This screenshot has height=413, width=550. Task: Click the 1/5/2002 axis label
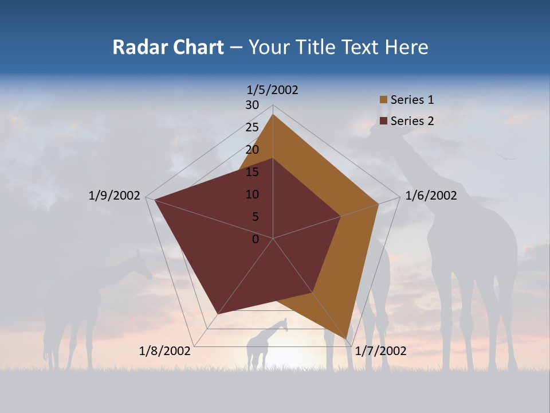tap(273, 89)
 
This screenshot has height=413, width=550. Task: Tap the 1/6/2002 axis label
tap(431, 196)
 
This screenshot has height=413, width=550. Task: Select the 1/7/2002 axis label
tap(380, 351)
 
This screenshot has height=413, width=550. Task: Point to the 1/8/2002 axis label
tap(165, 351)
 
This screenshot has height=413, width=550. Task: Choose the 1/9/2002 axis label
tap(115, 196)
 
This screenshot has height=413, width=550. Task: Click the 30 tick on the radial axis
tap(252, 105)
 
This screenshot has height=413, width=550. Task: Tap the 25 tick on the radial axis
tap(252, 127)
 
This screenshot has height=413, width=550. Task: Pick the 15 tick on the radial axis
tap(252, 172)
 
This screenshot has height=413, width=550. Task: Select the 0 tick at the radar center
tap(256, 239)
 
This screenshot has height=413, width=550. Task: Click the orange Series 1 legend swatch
tap(383, 100)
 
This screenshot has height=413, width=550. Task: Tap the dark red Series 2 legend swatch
tap(383, 121)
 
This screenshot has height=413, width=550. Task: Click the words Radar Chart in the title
tap(168, 47)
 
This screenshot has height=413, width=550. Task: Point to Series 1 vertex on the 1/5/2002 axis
tap(273, 114)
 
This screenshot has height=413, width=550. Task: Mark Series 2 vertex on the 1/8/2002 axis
tap(218, 314)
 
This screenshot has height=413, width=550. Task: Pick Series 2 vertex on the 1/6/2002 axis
tap(341, 216)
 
